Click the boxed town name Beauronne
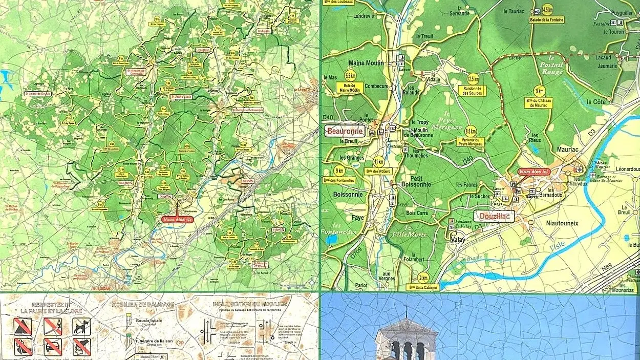346,131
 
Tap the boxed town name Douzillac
494,216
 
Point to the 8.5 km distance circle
470,131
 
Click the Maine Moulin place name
366,63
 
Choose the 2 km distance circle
423,278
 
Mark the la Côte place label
596,102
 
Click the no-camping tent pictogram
23,326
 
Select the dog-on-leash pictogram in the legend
81,326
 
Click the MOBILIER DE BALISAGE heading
143,304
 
